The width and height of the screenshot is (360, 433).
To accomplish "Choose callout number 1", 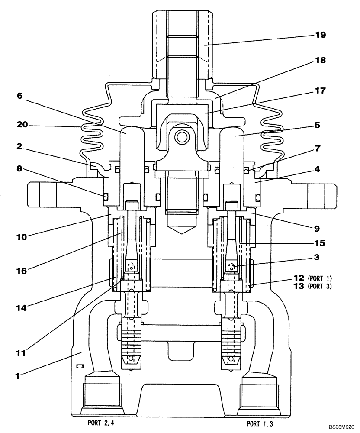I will (18, 377).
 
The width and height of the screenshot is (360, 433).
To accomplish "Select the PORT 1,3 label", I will (260, 423).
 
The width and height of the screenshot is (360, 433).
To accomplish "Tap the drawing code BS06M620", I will (341, 427).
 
